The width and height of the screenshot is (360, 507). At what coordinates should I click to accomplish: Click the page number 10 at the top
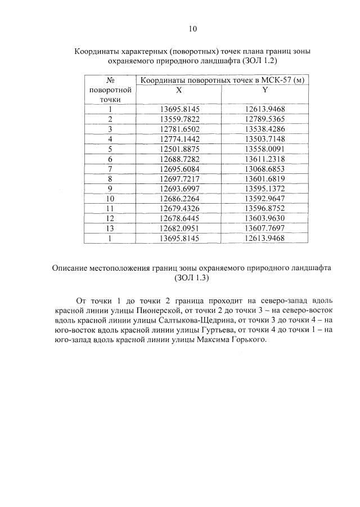coord(193,28)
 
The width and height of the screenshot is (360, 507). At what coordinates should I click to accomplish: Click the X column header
coord(178,90)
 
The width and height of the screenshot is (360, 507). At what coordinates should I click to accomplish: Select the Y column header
coord(264,90)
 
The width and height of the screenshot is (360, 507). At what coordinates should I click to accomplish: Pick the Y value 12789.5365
coord(265,119)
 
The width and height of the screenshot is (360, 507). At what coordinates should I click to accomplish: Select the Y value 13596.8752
coord(265,208)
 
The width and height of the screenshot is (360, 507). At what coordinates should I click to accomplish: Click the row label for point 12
coord(110,218)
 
